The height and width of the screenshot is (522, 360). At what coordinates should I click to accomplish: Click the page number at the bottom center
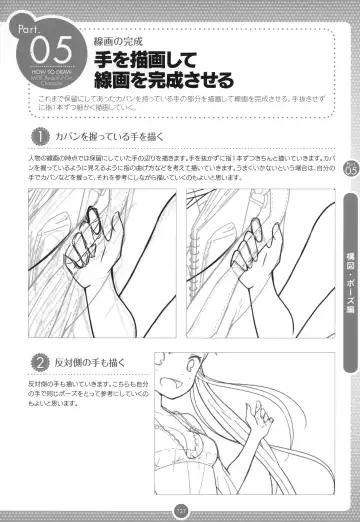point(180,510)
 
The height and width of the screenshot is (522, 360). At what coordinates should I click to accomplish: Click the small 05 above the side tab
point(348,170)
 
